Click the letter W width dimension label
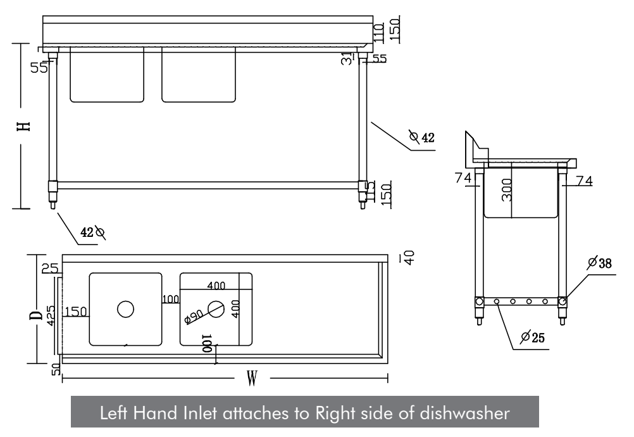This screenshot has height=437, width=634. point(252,379)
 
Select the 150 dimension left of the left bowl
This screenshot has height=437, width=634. point(76,311)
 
